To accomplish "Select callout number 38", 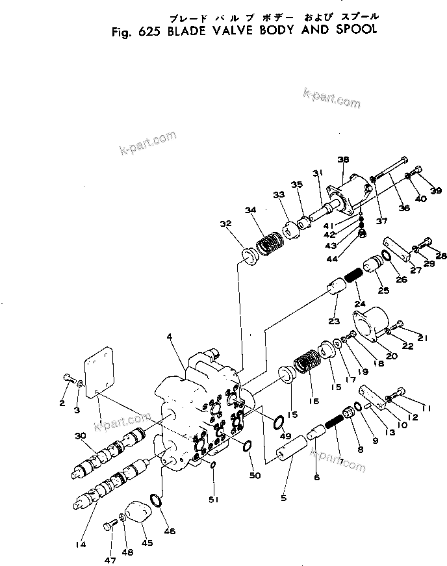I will (344, 160).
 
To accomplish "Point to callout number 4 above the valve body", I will (169, 337).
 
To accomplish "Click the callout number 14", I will (81, 545).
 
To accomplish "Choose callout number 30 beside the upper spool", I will (80, 435).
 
